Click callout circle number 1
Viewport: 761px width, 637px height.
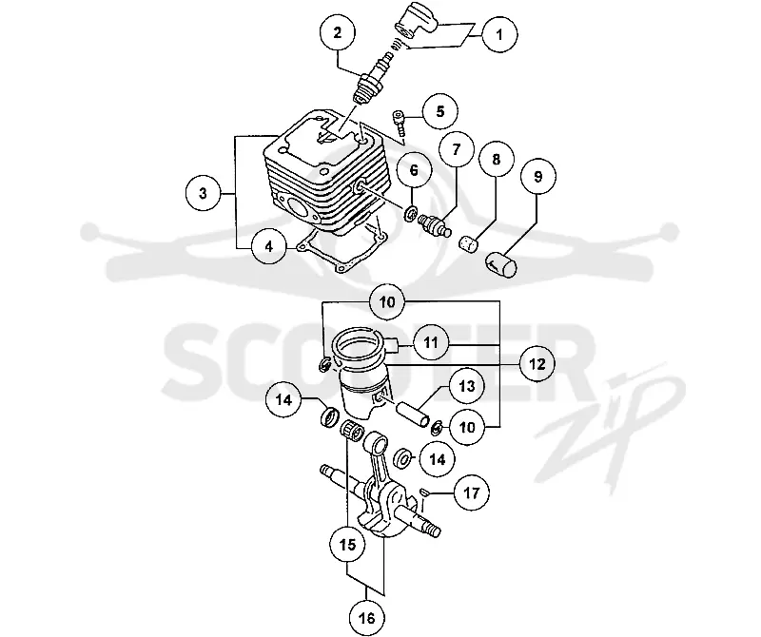499,34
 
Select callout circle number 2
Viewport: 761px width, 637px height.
338,32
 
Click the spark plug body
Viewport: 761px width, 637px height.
372,80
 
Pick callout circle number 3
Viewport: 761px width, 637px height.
203,193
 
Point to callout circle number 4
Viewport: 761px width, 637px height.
269,246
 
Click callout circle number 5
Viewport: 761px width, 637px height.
439,111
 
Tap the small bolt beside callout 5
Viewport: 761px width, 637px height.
399,124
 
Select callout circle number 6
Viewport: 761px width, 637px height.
414,170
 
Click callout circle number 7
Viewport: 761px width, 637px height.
456,149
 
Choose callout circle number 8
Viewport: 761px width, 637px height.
496,159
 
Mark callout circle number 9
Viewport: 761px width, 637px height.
537,176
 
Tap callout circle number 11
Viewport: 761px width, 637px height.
431,342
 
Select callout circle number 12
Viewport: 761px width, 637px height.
537,363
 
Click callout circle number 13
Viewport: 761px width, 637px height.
467,386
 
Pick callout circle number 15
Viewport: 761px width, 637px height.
347,545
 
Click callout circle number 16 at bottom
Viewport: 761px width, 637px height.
367,618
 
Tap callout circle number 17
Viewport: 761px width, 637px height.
471,492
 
